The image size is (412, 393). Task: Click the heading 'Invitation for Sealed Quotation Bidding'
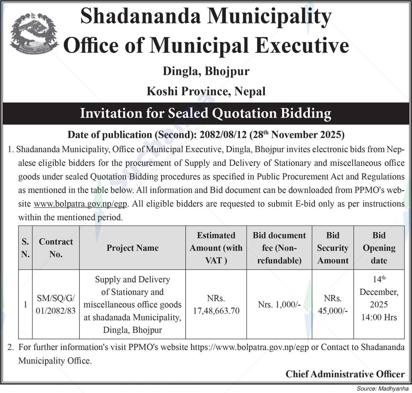(x=206, y=113)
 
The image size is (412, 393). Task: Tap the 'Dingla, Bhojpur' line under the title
(x=206, y=72)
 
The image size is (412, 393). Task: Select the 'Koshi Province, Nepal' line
(x=206, y=91)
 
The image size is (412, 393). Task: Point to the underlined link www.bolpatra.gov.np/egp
(x=81, y=204)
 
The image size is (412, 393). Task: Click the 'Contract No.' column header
(x=56, y=248)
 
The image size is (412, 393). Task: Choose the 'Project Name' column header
(x=133, y=248)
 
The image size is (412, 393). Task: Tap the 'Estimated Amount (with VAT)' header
(x=216, y=248)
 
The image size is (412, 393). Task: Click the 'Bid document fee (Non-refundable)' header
(x=279, y=248)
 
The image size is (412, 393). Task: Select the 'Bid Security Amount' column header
(x=333, y=248)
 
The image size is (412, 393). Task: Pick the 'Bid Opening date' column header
(x=379, y=248)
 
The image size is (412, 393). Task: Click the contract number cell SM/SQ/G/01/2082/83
(x=56, y=304)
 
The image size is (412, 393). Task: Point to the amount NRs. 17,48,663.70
(x=216, y=305)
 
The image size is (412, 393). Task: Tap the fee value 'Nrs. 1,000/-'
(x=279, y=304)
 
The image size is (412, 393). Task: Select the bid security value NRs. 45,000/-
(x=333, y=305)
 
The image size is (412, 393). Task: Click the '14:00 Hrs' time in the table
(x=379, y=317)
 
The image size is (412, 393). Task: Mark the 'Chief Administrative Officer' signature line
(x=345, y=374)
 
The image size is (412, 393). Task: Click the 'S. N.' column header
(x=25, y=248)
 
